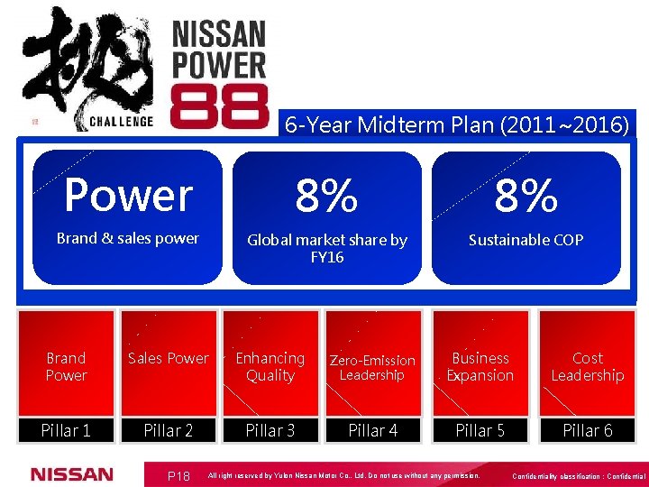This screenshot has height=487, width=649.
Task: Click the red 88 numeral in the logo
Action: [219, 106]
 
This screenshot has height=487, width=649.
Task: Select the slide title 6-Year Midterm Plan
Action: [457, 124]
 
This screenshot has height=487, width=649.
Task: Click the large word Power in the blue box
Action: [128, 195]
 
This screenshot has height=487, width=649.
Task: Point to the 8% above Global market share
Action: [327, 196]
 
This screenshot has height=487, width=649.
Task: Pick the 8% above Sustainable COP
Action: [526, 196]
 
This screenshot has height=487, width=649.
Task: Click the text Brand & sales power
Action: [128, 239]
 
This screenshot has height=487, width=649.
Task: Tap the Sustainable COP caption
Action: [526, 240]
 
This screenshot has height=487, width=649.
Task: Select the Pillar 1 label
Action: [66, 430]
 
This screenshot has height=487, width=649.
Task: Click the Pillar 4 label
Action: [372, 430]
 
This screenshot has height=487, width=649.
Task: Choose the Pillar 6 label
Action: [587, 430]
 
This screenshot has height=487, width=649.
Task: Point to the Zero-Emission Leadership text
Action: [372, 367]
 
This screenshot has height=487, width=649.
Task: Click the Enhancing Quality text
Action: [270, 367]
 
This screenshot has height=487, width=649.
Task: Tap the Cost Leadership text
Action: [587, 367]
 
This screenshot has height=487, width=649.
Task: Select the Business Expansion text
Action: [480, 367]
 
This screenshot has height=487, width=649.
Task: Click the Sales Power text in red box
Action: [169, 359]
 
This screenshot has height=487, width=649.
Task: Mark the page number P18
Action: [178, 475]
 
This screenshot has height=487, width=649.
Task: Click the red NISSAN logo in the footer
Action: [72, 474]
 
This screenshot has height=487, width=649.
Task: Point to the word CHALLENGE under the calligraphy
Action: [122, 121]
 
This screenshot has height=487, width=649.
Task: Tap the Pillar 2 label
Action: [169, 430]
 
